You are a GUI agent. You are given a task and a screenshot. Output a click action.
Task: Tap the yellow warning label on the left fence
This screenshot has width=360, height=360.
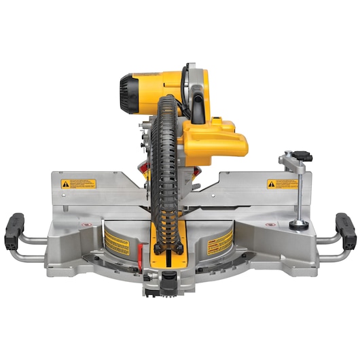[x=79, y=183]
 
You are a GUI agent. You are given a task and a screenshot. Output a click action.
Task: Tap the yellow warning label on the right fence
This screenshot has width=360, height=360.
[x=282, y=184]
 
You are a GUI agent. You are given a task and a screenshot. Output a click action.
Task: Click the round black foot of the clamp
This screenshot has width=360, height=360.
[x=297, y=224]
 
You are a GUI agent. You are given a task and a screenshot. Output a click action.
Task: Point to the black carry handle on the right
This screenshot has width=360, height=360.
[x=346, y=231]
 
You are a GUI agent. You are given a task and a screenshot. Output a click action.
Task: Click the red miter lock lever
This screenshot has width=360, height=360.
[x=140, y=253]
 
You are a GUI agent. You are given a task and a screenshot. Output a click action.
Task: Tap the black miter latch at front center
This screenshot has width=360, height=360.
[x=168, y=278]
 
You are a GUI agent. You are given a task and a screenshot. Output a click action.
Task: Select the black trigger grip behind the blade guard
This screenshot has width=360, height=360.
[x=198, y=109]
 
